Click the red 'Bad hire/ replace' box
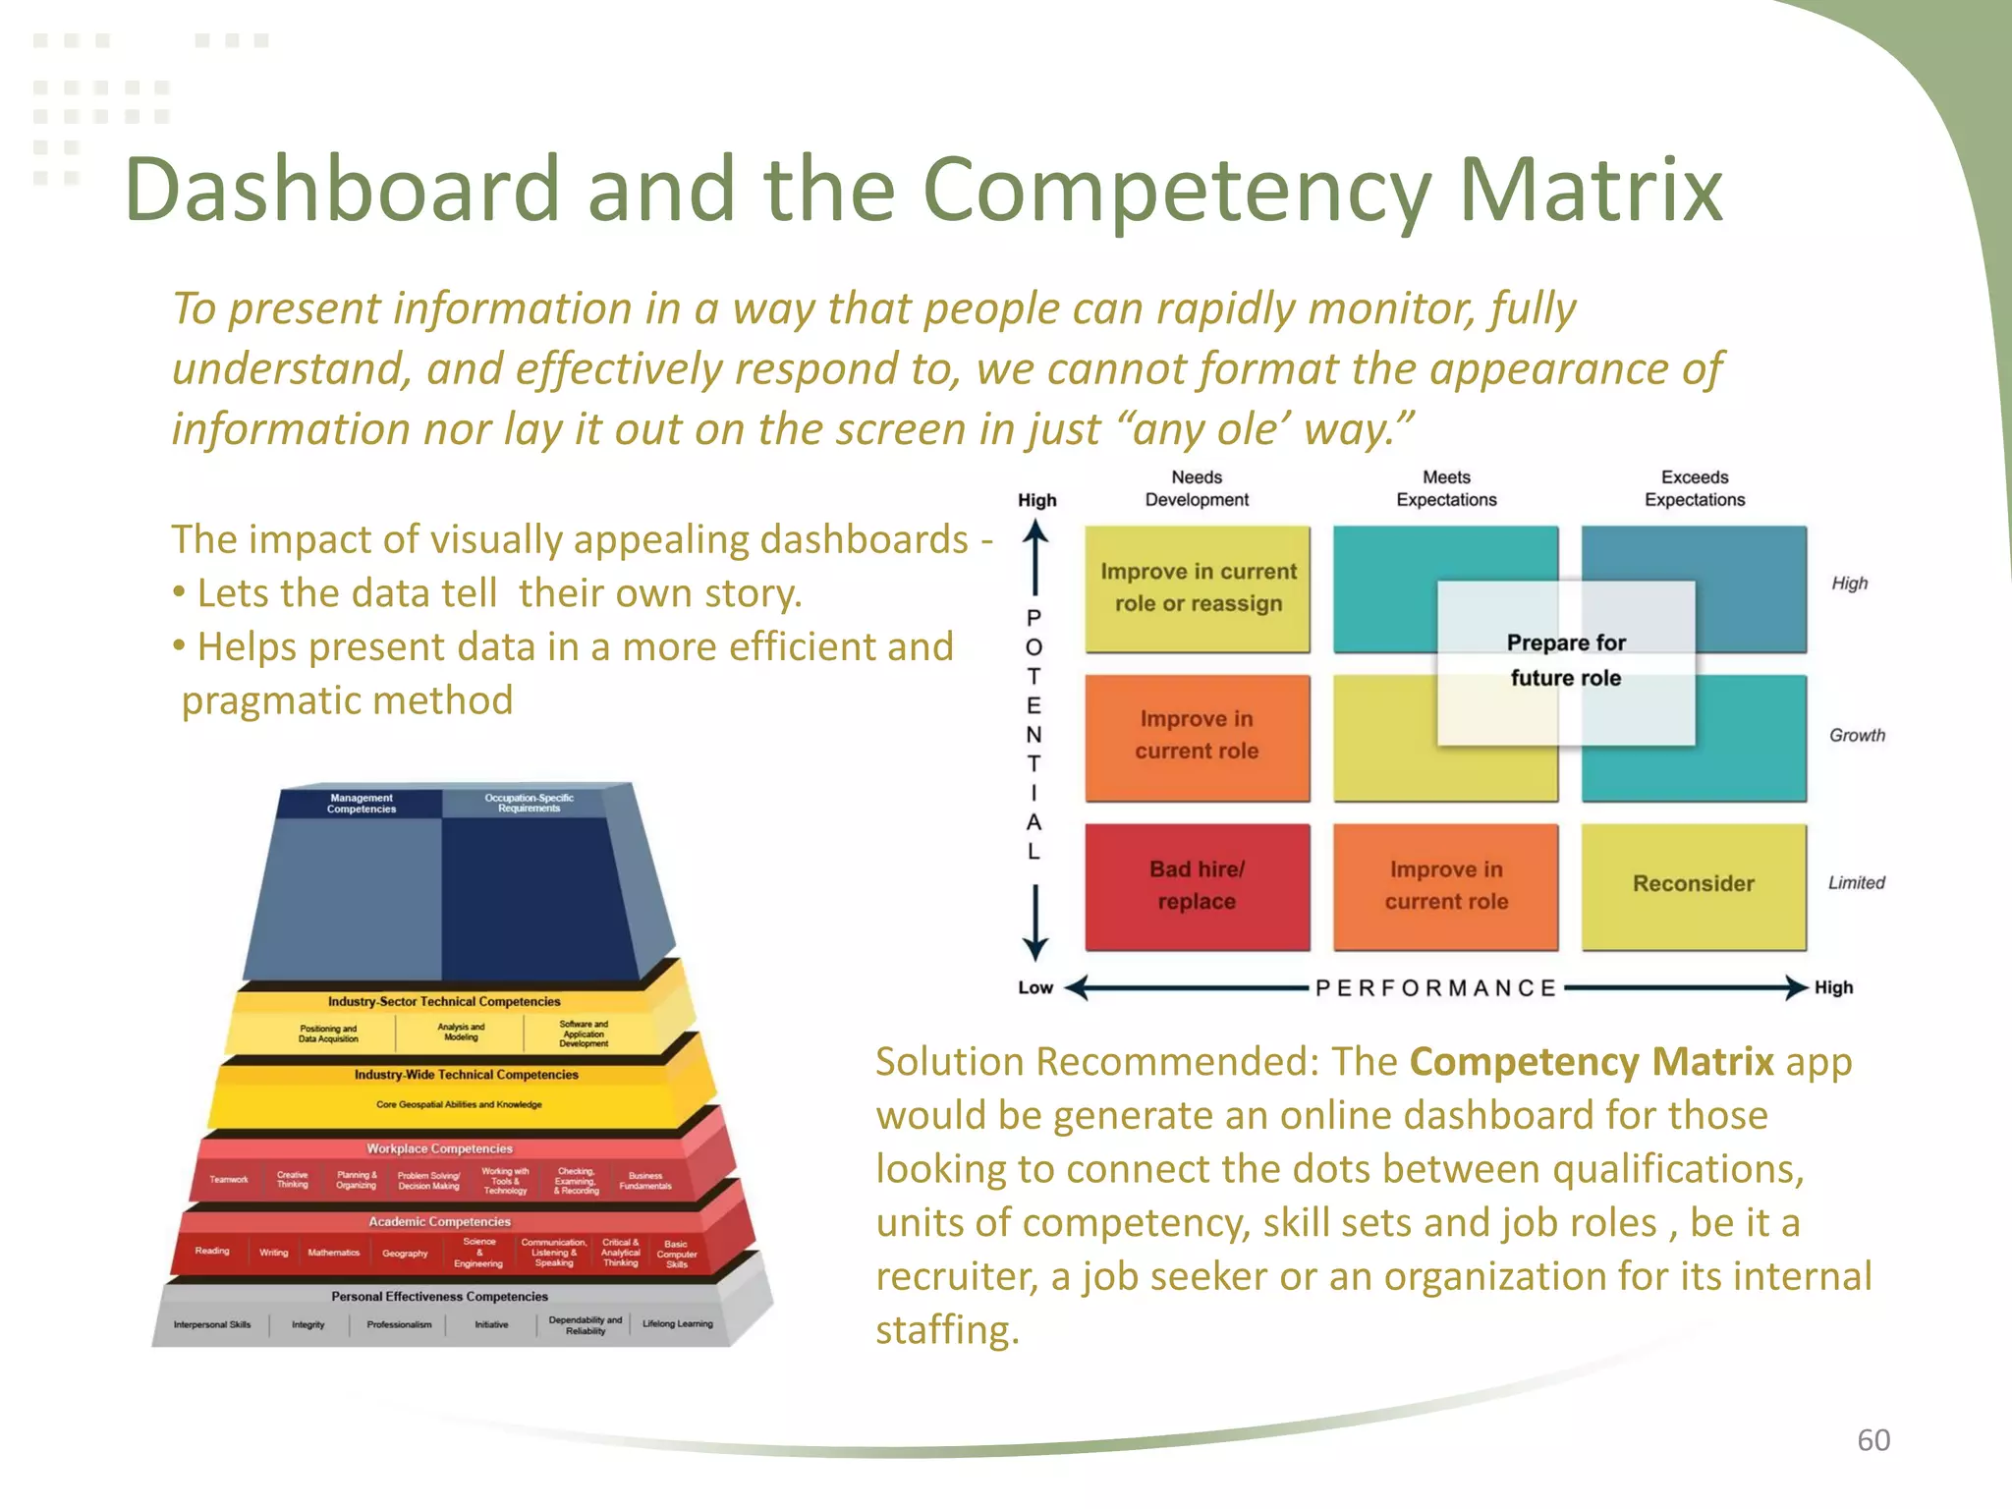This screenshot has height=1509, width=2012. pyautogui.click(x=1197, y=886)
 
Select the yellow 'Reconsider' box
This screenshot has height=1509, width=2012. pyautogui.click(x=1694, y=884)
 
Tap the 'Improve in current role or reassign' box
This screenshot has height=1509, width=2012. pyautogui.click(x=1198, y=587)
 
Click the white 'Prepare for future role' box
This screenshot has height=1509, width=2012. pyautogui.click(x=1566, y=660)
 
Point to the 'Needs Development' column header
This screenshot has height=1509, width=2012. pyautogui.click(x=1197, y=488)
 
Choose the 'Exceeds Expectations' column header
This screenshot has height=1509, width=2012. pyautogui.click(x=1695, y=488)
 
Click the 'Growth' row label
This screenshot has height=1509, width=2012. pyautogui.click(x=1857, y=735)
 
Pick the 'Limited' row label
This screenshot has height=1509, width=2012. pyautogui.click(x=1856, y=882)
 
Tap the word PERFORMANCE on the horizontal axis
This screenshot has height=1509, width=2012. pyautogui.click(x=1435, y=987)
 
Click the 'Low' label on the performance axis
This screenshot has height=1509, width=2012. pyautogui.click(x=1035, y=987)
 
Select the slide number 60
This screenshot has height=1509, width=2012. pyautogui.click(x=1873, y=1439)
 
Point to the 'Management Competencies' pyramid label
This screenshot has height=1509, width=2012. pyautogui.click(x=362, y=804)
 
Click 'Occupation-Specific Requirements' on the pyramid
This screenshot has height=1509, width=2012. pyautogui.click(x=529, y=803)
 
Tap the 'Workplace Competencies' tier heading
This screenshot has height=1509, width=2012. pyautogui.click(x=439, y=1148)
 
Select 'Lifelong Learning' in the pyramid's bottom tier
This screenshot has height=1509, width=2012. pyautogui.click(x=678, y=1323)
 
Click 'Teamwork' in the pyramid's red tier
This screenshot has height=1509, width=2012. pyautogui.click(x=229, y=1179)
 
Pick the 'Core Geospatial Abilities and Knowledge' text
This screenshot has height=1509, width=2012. pyautogui.click(x=459, y=1104)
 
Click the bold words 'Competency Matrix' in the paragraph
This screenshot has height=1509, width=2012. pyautogui.click(x=1592, y=1062)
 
